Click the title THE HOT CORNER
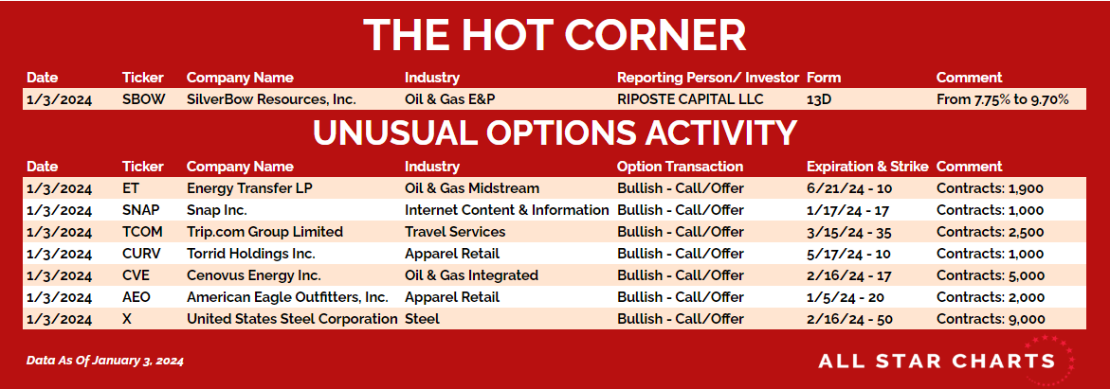point(555,35)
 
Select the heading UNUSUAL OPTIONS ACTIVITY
point(555,133)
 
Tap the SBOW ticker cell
point(144,99)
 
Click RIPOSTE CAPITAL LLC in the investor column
point(690,99)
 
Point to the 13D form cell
point(818,99)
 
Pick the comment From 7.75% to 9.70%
point(1002,99)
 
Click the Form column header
point(824,78)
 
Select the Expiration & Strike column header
point(867,167)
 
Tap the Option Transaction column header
point(681,167)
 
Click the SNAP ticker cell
point(141,210)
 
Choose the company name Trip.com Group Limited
point(264,232)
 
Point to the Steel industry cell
point(422,319)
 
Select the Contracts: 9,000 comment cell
point(991,319)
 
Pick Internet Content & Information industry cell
point(507,210)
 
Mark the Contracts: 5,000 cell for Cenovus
point(991,275)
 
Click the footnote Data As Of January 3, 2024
point(105,361)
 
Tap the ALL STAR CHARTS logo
point(946,361)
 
